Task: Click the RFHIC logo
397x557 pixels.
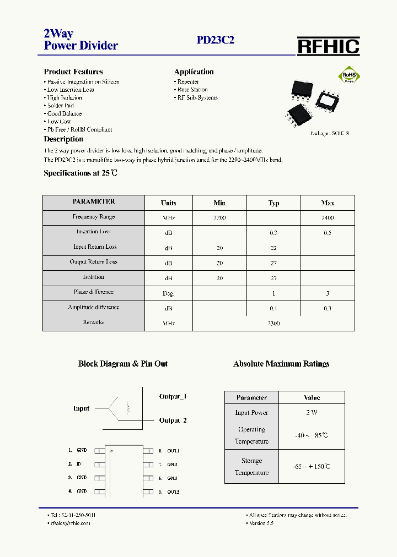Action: [x=328, y=46]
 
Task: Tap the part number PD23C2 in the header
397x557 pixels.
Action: [x=216, y=40]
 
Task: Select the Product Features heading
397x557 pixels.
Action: [x=73, y=72]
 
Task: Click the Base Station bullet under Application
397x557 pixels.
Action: [x=192, y=90]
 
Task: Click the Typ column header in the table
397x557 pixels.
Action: [x=273, y=203]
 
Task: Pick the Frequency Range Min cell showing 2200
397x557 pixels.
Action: [x=219, y=218]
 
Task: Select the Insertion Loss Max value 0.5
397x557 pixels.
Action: [x=328, y=233]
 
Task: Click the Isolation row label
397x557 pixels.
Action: [x=93, y=277]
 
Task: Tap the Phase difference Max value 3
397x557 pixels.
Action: [x=328, y=293]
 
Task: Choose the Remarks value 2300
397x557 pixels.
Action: [x=273, y=324]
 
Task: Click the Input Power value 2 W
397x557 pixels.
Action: [x=312, y=412]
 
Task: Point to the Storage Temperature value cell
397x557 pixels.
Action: [x=312, y=467]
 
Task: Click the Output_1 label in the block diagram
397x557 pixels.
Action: [x=173, y=397]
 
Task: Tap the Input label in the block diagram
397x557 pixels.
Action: [x=81, y=409]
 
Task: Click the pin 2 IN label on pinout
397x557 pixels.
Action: [x=79, y=465]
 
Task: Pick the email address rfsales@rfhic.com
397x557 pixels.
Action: [x=69, y=523]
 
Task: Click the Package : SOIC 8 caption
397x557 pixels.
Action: [x=330, y=133]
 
